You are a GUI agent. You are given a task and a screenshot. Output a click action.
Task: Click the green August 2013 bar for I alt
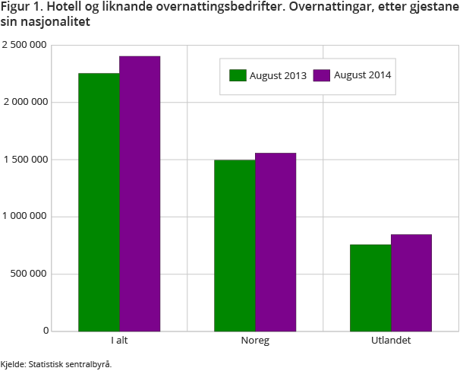[99, 202]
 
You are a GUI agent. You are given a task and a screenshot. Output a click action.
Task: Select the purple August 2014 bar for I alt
[140, 193]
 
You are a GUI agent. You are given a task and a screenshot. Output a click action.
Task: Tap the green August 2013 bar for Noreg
[235, 246]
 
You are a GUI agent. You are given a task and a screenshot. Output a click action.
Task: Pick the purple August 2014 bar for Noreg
[276, 242]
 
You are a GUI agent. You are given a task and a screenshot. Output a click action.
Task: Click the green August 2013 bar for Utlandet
[370, 287]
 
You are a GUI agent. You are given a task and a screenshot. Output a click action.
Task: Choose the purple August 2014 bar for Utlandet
[411, 283]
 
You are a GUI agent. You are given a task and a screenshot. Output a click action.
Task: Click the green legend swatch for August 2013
[238, 75]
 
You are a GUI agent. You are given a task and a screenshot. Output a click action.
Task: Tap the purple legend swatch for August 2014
[322, 75]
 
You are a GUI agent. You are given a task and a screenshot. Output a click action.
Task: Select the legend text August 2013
[279, 75]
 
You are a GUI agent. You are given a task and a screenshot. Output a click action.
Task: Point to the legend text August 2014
[363, 75]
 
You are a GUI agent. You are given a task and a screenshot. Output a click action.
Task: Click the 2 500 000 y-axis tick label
[25, 45]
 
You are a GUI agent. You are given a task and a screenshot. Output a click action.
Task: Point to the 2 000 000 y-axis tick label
[25, 102]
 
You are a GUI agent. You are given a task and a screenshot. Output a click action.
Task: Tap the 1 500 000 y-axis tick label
[25, 160]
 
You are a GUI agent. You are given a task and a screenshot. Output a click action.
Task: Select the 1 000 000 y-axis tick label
[25, 217]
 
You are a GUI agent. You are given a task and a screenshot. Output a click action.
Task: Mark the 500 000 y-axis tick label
[30, 274]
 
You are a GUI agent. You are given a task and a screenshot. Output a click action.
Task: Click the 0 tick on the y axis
[46, 331]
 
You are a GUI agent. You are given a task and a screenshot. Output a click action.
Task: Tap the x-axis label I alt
[119, 341]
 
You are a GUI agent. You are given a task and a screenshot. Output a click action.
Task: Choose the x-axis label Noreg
[255, 341]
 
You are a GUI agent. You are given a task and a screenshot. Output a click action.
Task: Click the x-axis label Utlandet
[391, 341]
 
